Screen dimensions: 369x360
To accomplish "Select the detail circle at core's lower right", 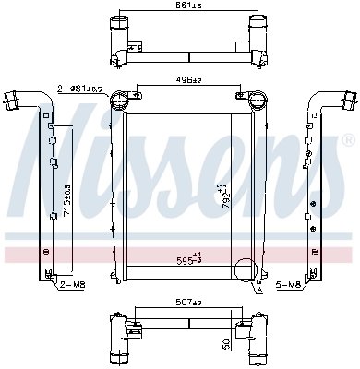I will point(247,271).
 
